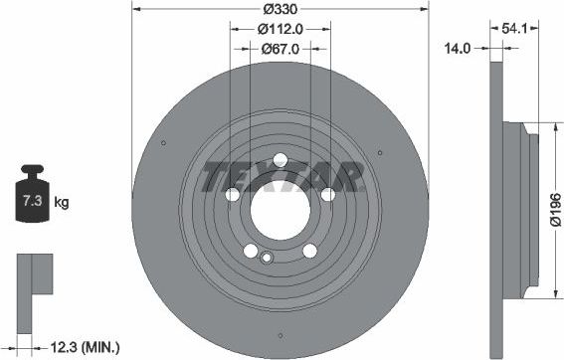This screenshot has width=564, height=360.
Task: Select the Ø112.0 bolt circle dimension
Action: point(280,30)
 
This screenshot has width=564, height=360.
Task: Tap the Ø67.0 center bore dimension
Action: point(281,48)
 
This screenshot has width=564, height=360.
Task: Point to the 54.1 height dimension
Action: point(514,28)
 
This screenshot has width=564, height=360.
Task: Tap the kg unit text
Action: point(62,203)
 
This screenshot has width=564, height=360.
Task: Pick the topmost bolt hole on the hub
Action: point(280,160)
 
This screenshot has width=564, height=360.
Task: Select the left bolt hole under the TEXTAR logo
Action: point(233,194)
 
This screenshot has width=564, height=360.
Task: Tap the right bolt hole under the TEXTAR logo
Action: point(327,194)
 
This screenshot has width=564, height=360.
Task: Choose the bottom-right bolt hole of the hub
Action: point(308,250)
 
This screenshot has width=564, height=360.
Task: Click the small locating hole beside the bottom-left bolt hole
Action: point(266,259)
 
